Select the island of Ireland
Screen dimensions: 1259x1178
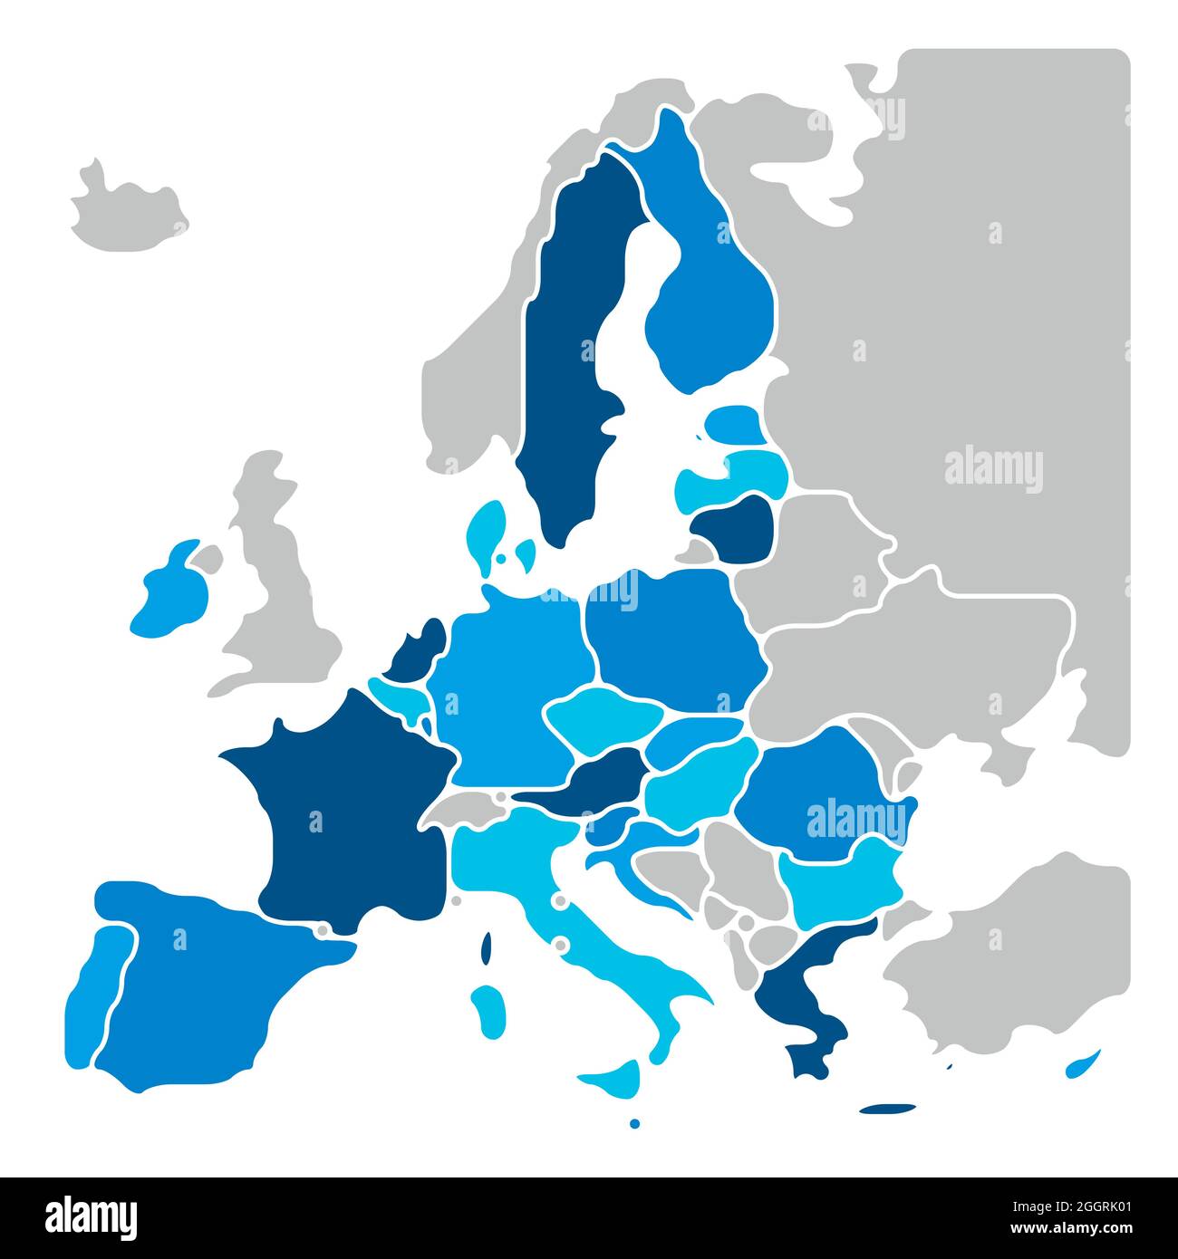click(x=170, y=593)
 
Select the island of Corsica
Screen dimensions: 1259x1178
click(x=487, y=947)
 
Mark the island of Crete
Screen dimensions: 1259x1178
click(x=888, y=1108)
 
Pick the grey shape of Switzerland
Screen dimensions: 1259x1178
click(x=467, y=806)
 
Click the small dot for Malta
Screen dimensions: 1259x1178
click(x=634, y=1123)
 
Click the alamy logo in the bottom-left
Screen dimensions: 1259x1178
click(x=92, y=1218)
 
